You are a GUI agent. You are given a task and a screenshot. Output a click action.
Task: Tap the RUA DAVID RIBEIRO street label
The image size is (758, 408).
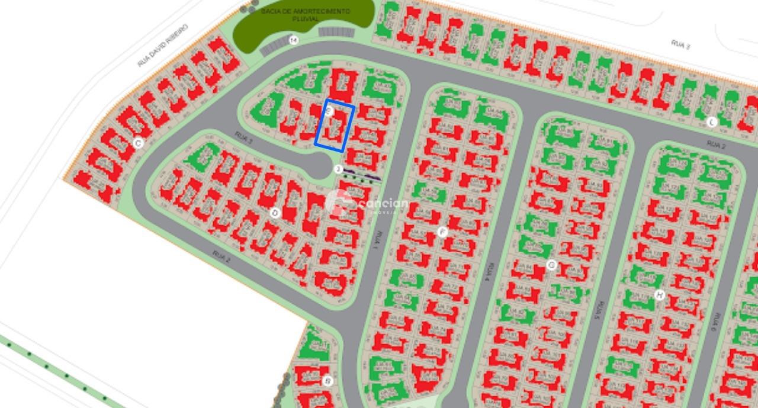click(162, 45)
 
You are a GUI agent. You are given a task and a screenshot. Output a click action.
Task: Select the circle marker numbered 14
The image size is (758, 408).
click(293, 40)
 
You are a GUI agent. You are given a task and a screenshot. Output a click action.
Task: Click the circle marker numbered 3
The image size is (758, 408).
click(338, 169)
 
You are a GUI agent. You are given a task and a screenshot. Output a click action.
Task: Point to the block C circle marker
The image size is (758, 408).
click(138, 143)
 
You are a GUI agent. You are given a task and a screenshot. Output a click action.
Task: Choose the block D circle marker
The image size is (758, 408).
click(274, 212)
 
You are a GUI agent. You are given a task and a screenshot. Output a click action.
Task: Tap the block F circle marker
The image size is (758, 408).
click(442, 232)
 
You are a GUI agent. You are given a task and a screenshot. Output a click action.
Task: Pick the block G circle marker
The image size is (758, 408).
click(551, 264)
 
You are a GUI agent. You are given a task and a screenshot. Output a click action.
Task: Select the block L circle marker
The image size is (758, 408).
click(712, 122)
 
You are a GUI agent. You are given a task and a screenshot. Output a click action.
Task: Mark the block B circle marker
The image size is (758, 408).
click(327, 381)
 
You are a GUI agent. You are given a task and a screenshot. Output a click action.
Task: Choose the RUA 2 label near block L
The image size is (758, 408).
click(716, 144)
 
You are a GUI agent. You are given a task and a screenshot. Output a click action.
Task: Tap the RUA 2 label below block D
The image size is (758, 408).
click(220, 256)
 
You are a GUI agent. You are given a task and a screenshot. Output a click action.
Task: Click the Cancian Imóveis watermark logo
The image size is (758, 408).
click(367, 204)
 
